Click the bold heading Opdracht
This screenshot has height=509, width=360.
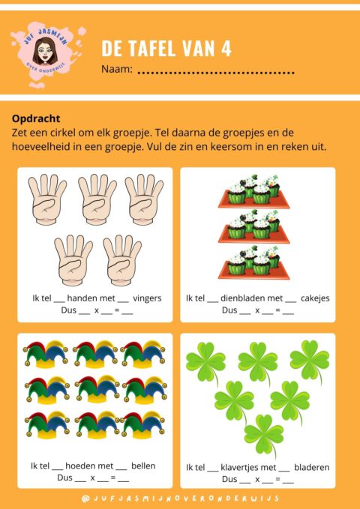tap(36, 118)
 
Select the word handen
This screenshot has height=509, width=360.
tap(82, 298)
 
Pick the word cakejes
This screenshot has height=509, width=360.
tap(315, 298)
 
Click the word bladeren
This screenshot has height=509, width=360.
tap(312, 468)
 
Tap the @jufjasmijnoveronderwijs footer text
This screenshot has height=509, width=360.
tap(180, 498)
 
